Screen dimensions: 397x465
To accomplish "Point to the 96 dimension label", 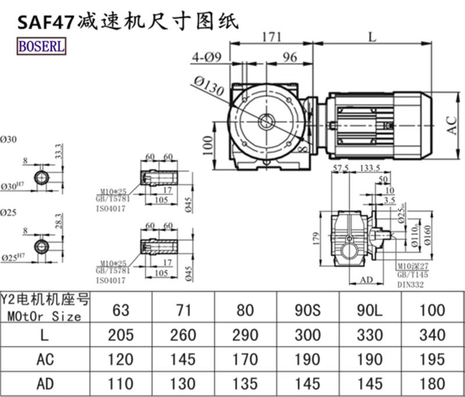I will point(289,57).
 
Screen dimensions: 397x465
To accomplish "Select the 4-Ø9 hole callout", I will point(206,57).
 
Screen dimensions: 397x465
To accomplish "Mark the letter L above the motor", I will point(372,36).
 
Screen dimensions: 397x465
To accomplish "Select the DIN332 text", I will point(411,285).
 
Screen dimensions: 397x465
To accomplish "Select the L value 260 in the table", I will point(183,334).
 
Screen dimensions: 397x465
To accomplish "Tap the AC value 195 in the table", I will point(431,359).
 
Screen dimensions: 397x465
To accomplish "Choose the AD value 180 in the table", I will point(431,384).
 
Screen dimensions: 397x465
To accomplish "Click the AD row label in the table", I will point(45,384).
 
